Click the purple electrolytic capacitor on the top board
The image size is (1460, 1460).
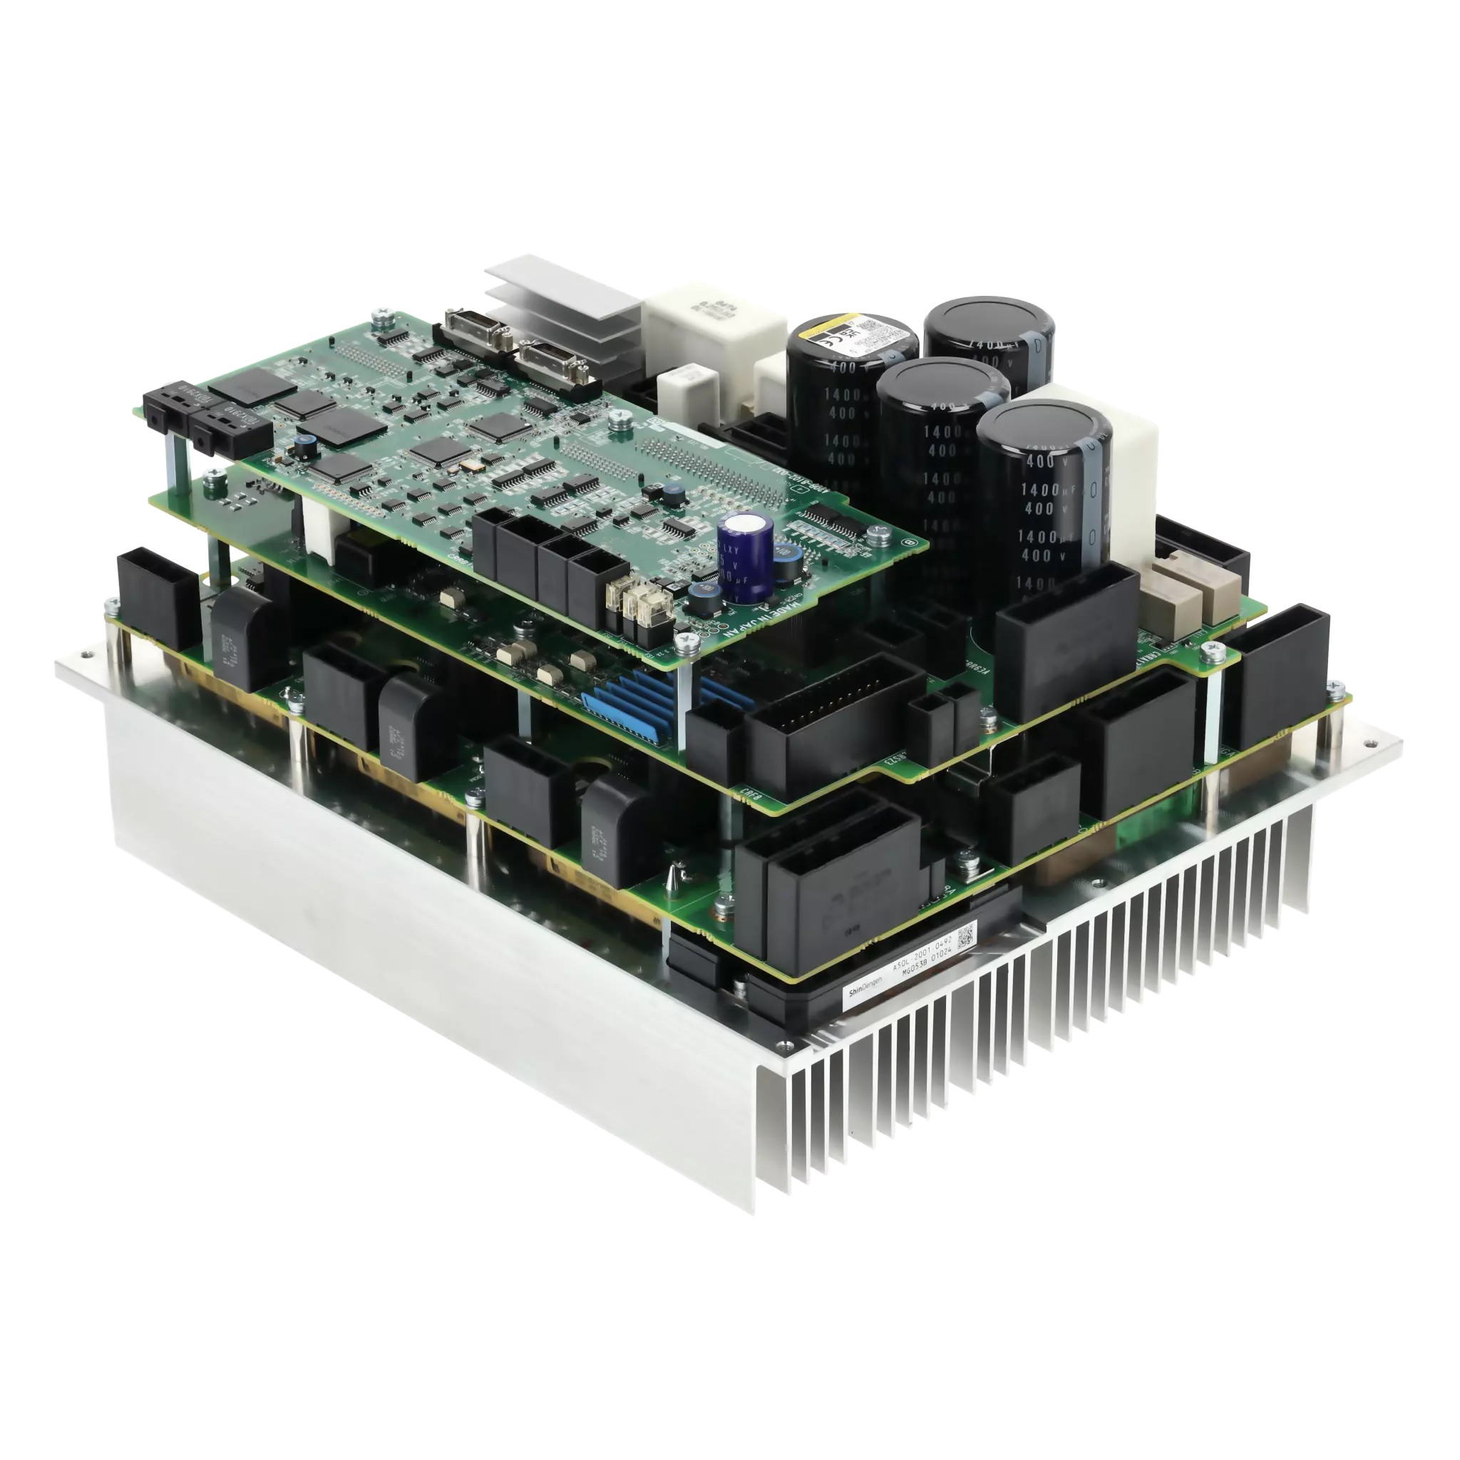coord(745,557)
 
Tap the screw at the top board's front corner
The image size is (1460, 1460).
coord(688,643)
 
